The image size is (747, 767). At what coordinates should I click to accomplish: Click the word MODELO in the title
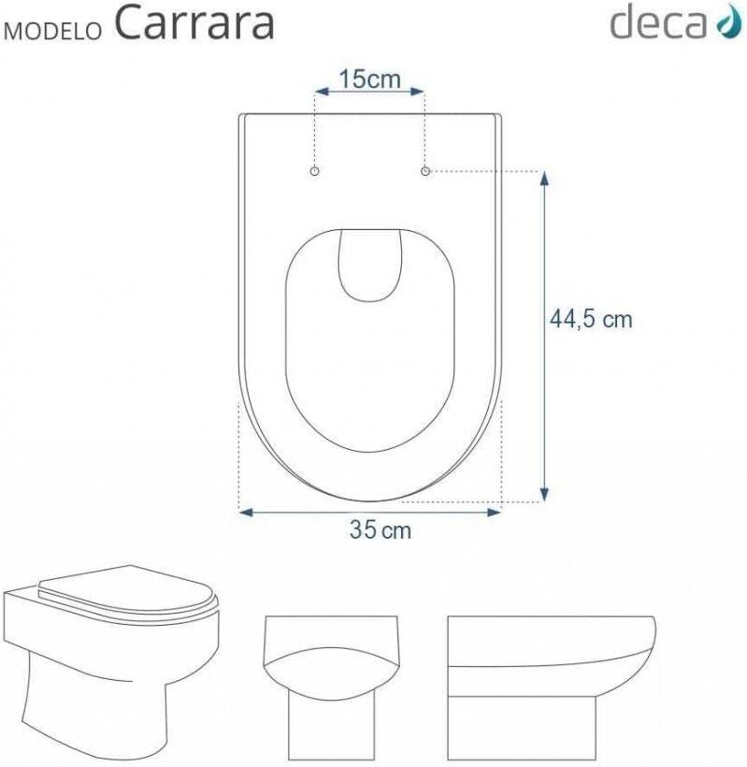[x=52, y=30]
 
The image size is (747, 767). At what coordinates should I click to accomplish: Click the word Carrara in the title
[x=194, y=23]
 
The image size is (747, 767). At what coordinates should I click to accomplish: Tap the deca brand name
[x=658, y=22]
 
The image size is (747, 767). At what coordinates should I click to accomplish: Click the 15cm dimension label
[x=369, y=79]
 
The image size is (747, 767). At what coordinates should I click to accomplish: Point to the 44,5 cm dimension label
[x=591, y=319]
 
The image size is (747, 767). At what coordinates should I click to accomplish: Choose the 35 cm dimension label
[x=381, y=529]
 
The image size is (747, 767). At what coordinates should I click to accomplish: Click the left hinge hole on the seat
[x=315, y=171]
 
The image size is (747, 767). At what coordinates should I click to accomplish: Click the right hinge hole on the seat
[x=425, y=171]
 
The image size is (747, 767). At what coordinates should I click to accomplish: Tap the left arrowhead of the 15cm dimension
[x=322, y=92]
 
